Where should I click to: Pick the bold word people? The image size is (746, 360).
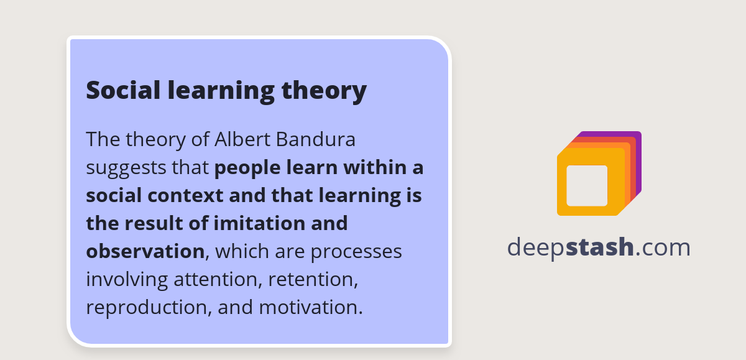[246, 168]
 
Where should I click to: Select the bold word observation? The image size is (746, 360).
[145, 251]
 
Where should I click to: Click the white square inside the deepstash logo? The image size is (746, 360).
[587, 185]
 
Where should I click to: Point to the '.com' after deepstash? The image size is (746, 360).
[663, 247]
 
